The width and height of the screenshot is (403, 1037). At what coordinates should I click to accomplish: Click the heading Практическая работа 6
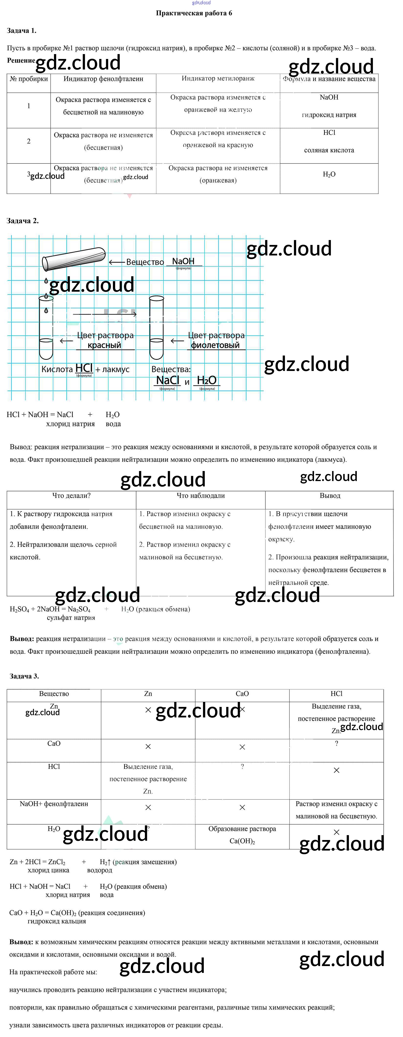coord(194,13)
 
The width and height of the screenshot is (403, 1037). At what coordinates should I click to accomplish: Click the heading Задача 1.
coord(22,31)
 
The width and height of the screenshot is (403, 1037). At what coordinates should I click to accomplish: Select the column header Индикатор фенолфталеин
coord(103,79)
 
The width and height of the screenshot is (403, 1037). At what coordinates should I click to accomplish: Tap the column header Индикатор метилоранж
coord(218,79)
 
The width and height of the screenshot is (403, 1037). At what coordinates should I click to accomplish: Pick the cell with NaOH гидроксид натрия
coord(329,106)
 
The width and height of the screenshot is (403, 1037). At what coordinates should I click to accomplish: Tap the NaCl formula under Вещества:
coord(167,380)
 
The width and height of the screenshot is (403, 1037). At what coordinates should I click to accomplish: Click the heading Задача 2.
coord(23,221)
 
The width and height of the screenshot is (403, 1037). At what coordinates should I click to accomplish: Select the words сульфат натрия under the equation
coord(71,618)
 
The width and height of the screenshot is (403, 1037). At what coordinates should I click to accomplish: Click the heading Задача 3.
coord(24,676)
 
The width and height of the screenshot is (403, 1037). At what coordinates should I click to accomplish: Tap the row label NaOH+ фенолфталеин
coord(54,804)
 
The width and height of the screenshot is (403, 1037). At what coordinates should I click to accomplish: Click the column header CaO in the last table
coord(242,694)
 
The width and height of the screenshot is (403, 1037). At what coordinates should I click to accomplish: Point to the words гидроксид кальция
coord(57,921)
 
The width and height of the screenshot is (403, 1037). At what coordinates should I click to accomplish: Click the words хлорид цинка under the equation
coord(48,870)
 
